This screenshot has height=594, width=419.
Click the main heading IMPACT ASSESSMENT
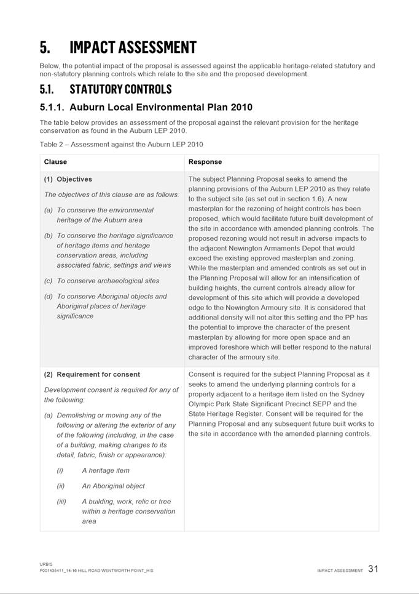pyautogui.click(x=133, y=47)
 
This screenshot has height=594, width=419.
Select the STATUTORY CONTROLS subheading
pyautogui.click(x=120, y=89)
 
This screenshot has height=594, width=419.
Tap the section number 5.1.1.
pyautogui.click(x=52, y=107)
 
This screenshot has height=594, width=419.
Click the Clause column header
pyautogui.click(x=55, y=162)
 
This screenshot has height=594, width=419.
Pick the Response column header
pyautogui.click(x=205, y=162)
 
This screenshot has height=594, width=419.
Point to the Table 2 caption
pyautogui.click(x=121, y=145)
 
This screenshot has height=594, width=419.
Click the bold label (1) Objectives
pyautogui.click(x=68, y=179)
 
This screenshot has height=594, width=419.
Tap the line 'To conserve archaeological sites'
pyautogui.click(x=108, y=281)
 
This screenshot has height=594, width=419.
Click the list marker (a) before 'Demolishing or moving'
pyautogui.click(x=49, y=415)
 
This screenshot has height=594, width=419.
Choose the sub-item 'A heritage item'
pyautogui.click(x=106, y=470)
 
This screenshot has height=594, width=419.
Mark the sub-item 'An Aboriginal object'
pyautogui.click(x=113, y=486)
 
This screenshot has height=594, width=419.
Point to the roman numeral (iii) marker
pyautogui.click(x=61, y=501)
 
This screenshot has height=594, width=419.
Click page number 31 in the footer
pyautogui.click(x=374, y=569)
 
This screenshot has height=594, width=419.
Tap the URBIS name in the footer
pyautogui.click(x=47, y=564)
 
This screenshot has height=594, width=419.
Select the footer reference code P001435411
pyautogui.click(x=55, y=571)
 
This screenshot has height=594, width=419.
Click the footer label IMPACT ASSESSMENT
pyautogui.click(x=340, y=571)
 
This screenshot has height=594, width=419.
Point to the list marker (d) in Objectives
pyautogui.click(x=49, y=296)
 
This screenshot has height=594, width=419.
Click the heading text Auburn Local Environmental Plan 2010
pyautogui.click(x=161, y=107)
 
